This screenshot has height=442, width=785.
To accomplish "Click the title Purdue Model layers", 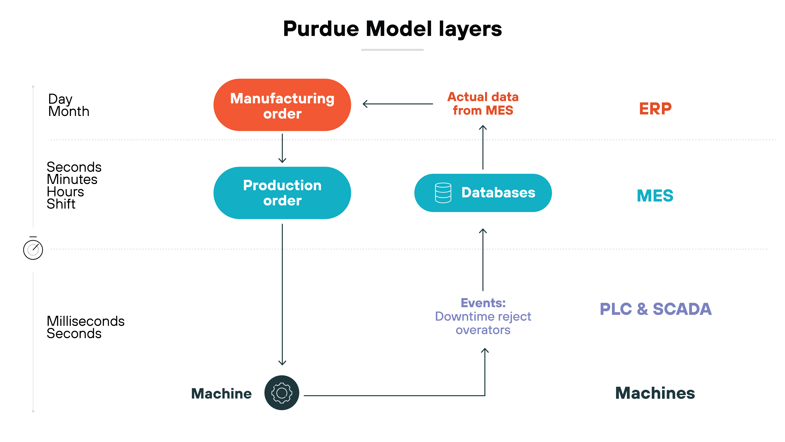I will [392, 29].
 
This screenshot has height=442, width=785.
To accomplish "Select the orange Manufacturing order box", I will [282, 105].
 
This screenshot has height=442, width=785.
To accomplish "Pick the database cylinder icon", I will [443, 193].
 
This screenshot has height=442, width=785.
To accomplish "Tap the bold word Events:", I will [483, 303].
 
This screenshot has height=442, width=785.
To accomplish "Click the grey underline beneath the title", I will [392, 50].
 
